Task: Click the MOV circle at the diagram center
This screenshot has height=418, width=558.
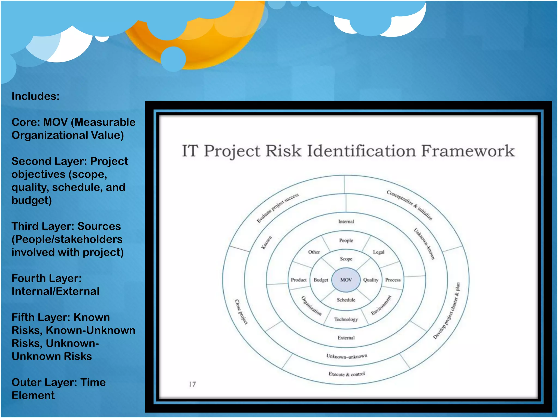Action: (x=346, y=280)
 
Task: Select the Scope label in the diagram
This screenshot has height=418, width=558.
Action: (x=346, y=259)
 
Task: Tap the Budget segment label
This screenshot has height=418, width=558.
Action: (x=321, y=280)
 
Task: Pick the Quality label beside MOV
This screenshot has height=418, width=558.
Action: (x=371, y=280)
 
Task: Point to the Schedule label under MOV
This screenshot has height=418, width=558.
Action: (x=346, y=300)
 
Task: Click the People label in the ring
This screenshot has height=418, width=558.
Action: (x=346, y=240)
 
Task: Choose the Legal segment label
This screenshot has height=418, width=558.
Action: (x=378, y=252)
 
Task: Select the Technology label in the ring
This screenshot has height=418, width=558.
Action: (x=346, y=319)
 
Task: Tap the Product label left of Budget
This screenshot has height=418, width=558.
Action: (x=299, y=280)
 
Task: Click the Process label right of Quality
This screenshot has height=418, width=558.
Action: (x=393, y=280)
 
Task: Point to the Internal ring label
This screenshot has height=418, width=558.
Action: (x=346, y=222)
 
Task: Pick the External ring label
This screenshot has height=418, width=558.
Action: (x=346, y=338)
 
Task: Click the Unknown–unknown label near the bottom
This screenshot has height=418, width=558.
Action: (x=347, y=356)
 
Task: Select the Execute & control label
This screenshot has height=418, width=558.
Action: (x=347, y=374)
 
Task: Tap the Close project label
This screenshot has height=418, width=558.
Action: (x=241, y=312)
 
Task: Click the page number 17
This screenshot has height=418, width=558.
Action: (x=192, y=384)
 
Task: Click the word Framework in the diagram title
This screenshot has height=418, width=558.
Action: (x=468, y=151)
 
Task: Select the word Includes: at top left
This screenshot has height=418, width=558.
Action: (x=35, y=96)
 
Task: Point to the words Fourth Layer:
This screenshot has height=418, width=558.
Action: (x=47, y=278)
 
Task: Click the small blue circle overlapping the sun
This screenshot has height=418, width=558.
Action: (x=173, y=59)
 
